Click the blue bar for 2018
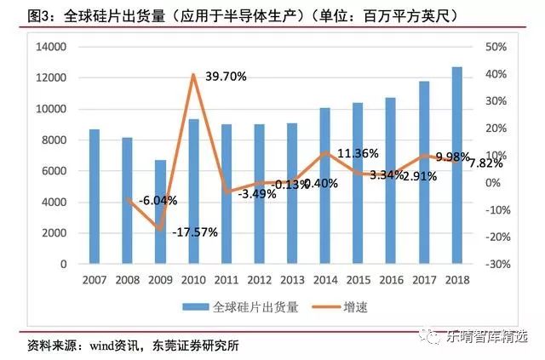point(457,165)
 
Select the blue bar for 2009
point(160,212)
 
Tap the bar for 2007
point(94,197)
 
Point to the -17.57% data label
point(196,231)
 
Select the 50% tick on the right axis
point(496,47)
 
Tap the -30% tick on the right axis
point(497,264)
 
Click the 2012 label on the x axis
point(259,279)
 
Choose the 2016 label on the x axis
point(391,279)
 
